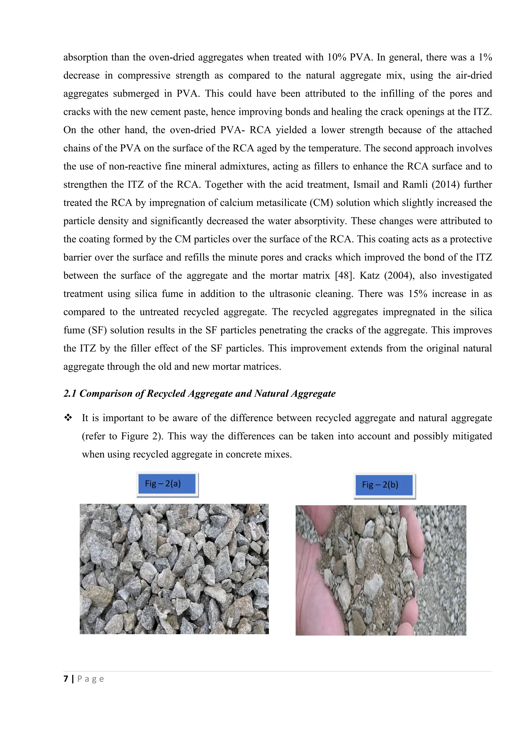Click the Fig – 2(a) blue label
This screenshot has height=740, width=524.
click(167, 483)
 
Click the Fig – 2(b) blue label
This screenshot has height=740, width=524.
click(384, 485)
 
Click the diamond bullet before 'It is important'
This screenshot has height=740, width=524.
click(68, 418)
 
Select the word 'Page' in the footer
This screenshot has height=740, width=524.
click(91, 679)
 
